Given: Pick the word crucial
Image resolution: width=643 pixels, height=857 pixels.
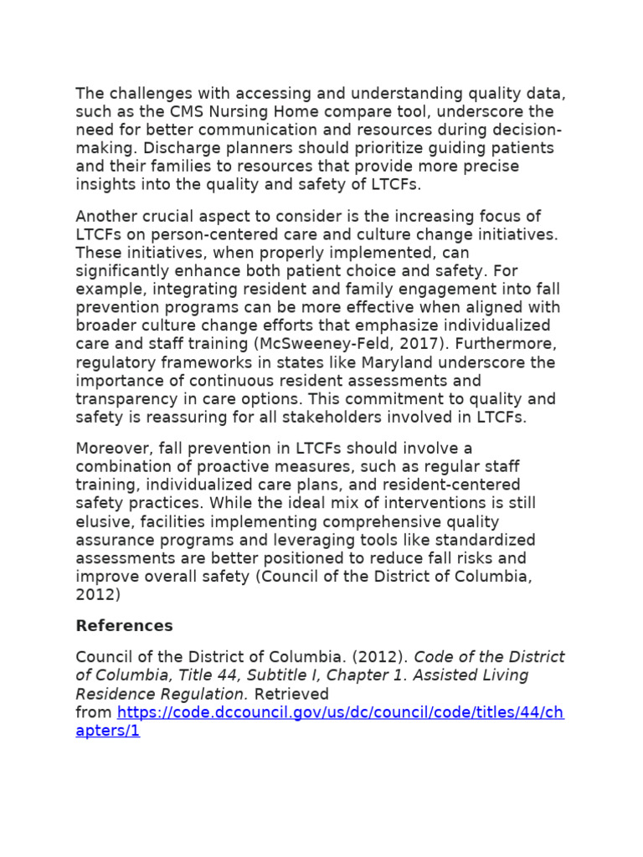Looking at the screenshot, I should [x=170, y=216].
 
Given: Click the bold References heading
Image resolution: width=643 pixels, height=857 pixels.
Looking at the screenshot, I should [x=124, y=626].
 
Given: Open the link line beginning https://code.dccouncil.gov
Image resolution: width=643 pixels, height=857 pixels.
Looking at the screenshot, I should [x=340, y=712].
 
